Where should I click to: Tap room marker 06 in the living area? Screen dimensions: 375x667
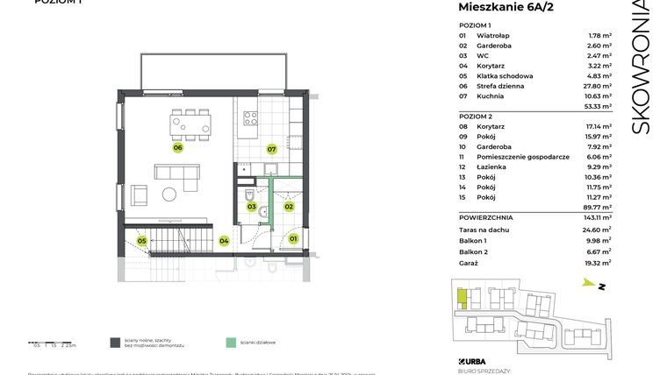177,148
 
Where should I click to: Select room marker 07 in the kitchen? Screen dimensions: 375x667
272,149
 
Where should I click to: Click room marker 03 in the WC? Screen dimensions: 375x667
251,207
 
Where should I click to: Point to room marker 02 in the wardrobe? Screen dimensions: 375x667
288,207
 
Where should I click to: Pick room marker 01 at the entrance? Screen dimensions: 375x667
293,238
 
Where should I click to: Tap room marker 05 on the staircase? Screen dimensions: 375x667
141,240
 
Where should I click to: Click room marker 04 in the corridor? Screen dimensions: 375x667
224,241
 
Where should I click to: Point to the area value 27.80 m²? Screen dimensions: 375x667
599,87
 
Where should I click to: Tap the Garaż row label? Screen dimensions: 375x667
471,263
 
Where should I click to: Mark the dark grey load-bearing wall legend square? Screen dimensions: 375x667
114,343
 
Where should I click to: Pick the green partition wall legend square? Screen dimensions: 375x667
230,343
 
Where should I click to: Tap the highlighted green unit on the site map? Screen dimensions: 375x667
463,301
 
